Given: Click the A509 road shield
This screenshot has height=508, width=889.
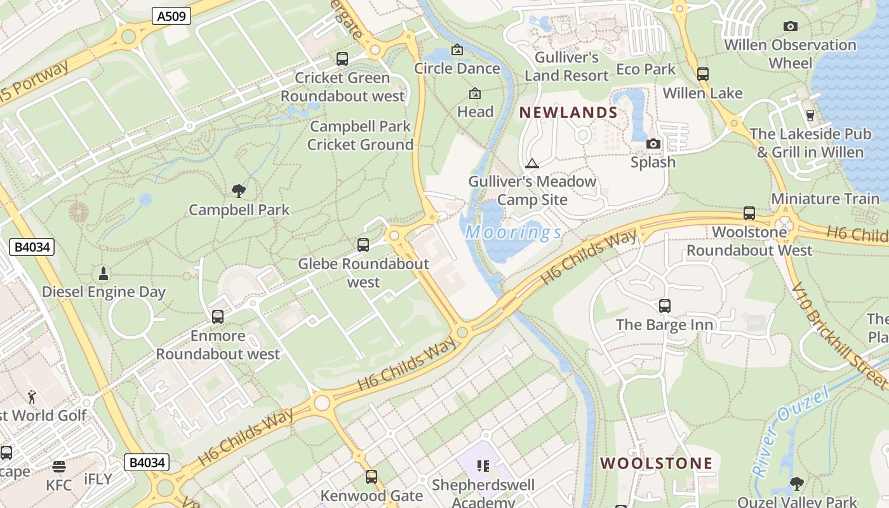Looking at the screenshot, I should coord(171,16).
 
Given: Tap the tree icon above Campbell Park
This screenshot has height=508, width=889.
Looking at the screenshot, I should coord(239,190).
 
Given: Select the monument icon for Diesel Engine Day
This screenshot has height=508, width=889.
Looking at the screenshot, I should coord(104,274).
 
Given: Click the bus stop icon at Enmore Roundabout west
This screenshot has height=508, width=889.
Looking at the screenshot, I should coord(218,316).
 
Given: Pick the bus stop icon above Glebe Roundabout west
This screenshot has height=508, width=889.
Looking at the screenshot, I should coord(363,244).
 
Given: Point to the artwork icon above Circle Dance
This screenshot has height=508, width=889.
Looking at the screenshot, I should coord(457,50).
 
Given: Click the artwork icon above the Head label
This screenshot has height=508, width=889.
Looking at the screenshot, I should coord(474,93).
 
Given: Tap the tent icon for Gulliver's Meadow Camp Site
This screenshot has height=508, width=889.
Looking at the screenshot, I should coord(532,163).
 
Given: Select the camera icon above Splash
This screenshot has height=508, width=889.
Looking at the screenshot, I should coord(653,144).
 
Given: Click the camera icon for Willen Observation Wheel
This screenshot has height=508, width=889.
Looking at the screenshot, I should coord(790,26).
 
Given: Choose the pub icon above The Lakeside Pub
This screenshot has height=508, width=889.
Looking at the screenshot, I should coord(810,115).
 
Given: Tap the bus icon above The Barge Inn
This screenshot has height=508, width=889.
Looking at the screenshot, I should coord(665,306).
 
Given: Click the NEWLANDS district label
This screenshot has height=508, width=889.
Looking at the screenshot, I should coord(568,113).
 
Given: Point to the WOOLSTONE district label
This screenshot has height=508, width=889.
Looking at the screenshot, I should coord(657,463).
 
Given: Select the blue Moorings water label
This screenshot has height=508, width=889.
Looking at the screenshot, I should coord(513,232).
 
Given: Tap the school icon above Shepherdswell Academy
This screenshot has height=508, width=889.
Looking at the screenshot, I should coord(483,466).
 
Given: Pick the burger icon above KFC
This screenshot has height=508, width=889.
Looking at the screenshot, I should coord(59,467).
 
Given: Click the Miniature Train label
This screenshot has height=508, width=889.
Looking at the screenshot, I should coord(825,198).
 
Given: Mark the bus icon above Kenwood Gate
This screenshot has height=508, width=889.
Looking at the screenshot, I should coord(371,476).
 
